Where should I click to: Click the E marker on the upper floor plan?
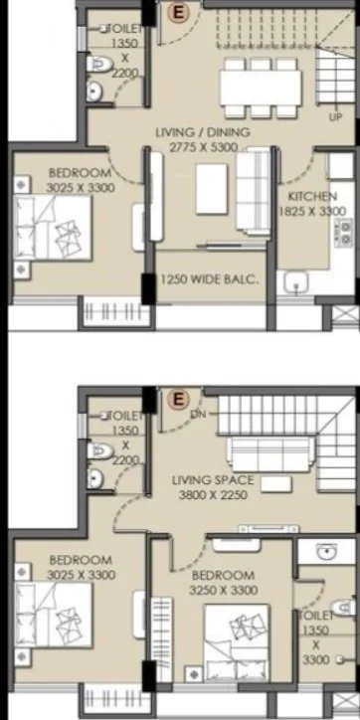(x=178, y=13)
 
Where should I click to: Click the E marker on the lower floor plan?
(x=178, y=399)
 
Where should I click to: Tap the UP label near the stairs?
(x=336, y=117)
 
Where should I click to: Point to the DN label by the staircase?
(x=199, y=414)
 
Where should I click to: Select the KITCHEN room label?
(x=312, y=197)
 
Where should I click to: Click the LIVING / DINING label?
(x=203, y=132)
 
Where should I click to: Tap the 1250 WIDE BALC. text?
(x=209, y=279)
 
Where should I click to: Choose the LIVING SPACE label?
(x=213, y=480)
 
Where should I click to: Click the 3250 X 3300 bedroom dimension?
(x=223, y=590)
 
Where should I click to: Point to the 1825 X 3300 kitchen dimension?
(x=312, y=211)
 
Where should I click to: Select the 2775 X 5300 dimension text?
(x=204, y=147)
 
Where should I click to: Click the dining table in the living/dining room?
(x=261, y=88)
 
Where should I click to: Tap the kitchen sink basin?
(x=295, y=282)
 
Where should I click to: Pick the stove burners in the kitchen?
(x=344, y=233)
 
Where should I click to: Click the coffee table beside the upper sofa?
(x=212, y=188)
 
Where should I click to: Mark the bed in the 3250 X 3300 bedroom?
(x=237, y=642)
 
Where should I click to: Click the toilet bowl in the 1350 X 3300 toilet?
(x=343, y=608)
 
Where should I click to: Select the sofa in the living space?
(x=270, y=454)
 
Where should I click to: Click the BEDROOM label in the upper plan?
(x=80, y=173)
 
